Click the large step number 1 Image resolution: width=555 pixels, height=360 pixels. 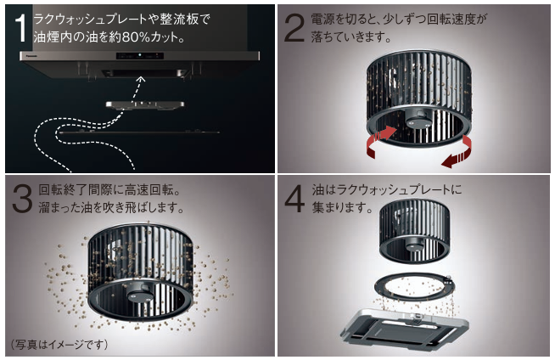[21, 29]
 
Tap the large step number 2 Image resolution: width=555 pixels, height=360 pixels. [294, 28]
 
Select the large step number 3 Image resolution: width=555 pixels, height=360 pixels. [22, 199]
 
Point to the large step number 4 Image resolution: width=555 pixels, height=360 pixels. [294, 199]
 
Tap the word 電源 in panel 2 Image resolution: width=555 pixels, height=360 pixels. [322, 20]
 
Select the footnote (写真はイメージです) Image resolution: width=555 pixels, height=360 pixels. [59, 344]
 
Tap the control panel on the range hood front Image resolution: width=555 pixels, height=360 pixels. [140, 55]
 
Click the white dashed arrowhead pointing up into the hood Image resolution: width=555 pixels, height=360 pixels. [141, 79]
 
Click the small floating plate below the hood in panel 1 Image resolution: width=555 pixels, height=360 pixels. [145, 104]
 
